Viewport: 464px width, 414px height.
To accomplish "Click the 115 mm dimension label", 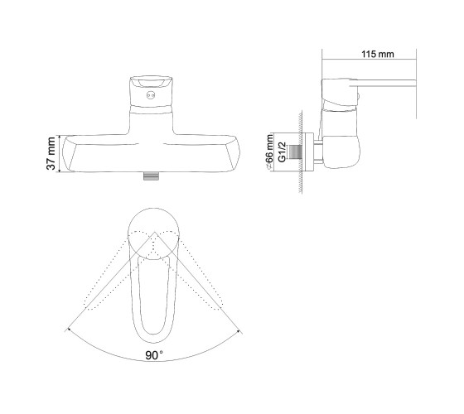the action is (378, 54).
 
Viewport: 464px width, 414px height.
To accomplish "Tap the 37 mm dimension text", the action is (51, 153).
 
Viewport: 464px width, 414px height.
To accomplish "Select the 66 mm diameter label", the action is (269, 152).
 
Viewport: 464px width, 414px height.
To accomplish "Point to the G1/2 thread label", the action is (282, 152).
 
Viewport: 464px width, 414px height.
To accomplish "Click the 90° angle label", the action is (154, 355).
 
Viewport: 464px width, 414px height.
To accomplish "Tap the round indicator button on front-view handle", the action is (151, 95).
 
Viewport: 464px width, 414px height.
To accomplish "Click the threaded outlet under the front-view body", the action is (151, 176).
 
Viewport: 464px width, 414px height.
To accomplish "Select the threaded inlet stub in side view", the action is (295, 152).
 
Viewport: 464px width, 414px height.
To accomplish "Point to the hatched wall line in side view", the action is (301, 152).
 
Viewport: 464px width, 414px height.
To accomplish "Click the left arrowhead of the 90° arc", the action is (70, 330).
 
